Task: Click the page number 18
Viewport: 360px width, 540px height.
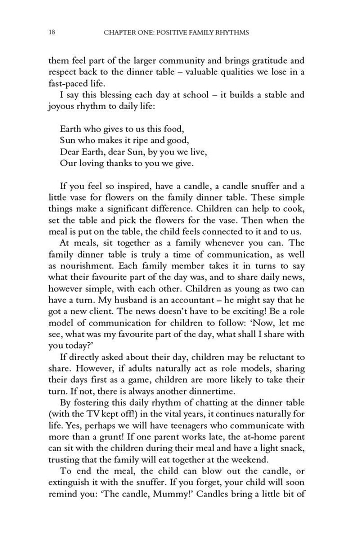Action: [52, 32]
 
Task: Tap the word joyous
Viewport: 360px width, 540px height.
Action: [61, 106]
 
